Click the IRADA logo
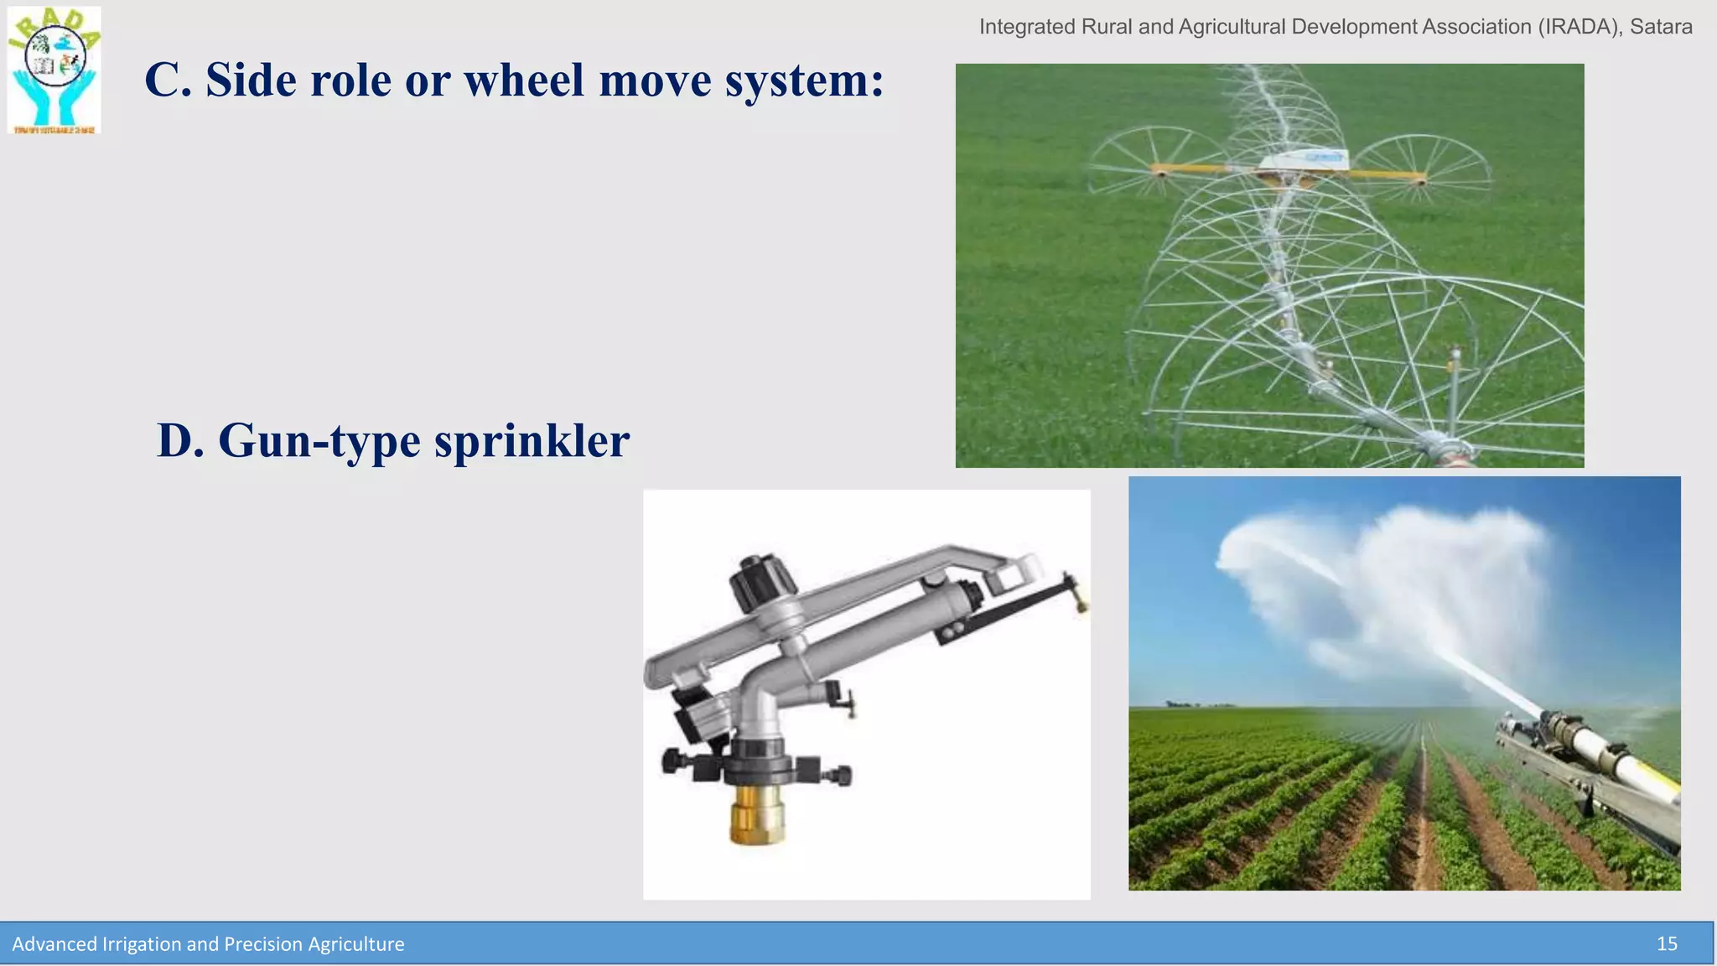54,70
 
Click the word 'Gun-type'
319,442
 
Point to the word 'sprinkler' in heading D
532,442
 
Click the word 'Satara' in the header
1661,27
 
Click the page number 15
1667,944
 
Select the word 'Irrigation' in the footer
141,944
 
